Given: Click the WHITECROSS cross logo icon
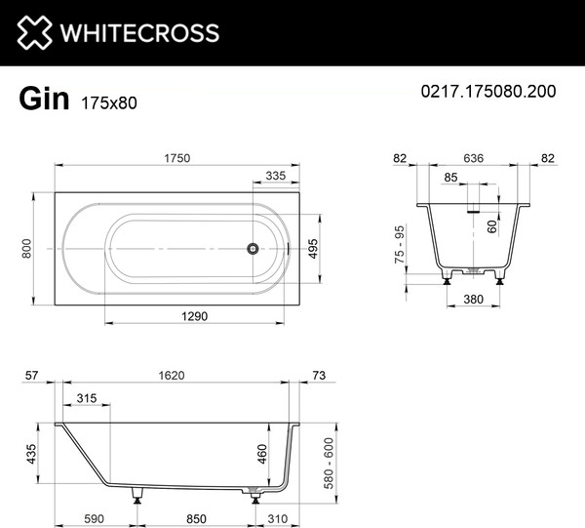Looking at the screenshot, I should coord(33,32).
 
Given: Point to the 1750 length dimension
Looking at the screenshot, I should coord(175,158).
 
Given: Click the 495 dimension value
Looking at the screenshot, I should coord(311,248).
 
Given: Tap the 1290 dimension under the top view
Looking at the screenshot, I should coord(196,315).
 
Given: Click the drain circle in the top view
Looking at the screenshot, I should coord(253,248).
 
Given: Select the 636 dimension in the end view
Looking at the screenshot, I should coord(475,158).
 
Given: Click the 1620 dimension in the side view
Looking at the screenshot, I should coord(175,375).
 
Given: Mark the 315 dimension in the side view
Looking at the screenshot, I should coord(86,398).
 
